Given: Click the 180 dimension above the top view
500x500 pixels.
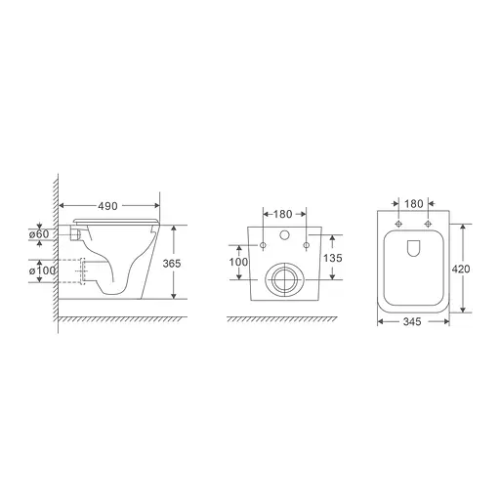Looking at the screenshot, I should coord(413,204).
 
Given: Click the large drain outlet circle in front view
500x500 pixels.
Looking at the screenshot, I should coord(285,279).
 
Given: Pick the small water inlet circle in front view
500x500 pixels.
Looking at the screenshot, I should coord(285,235).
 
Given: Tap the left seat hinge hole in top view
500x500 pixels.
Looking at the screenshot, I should coord(399,223).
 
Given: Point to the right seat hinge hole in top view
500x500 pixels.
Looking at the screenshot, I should coord(427,223).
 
